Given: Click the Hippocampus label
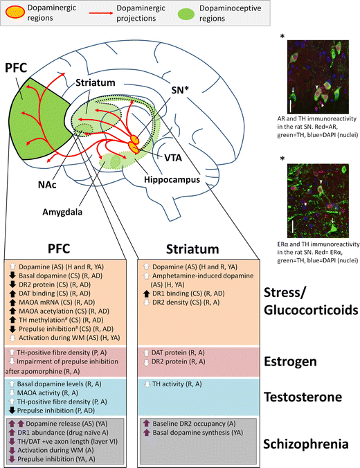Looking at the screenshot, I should pos(174,179).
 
